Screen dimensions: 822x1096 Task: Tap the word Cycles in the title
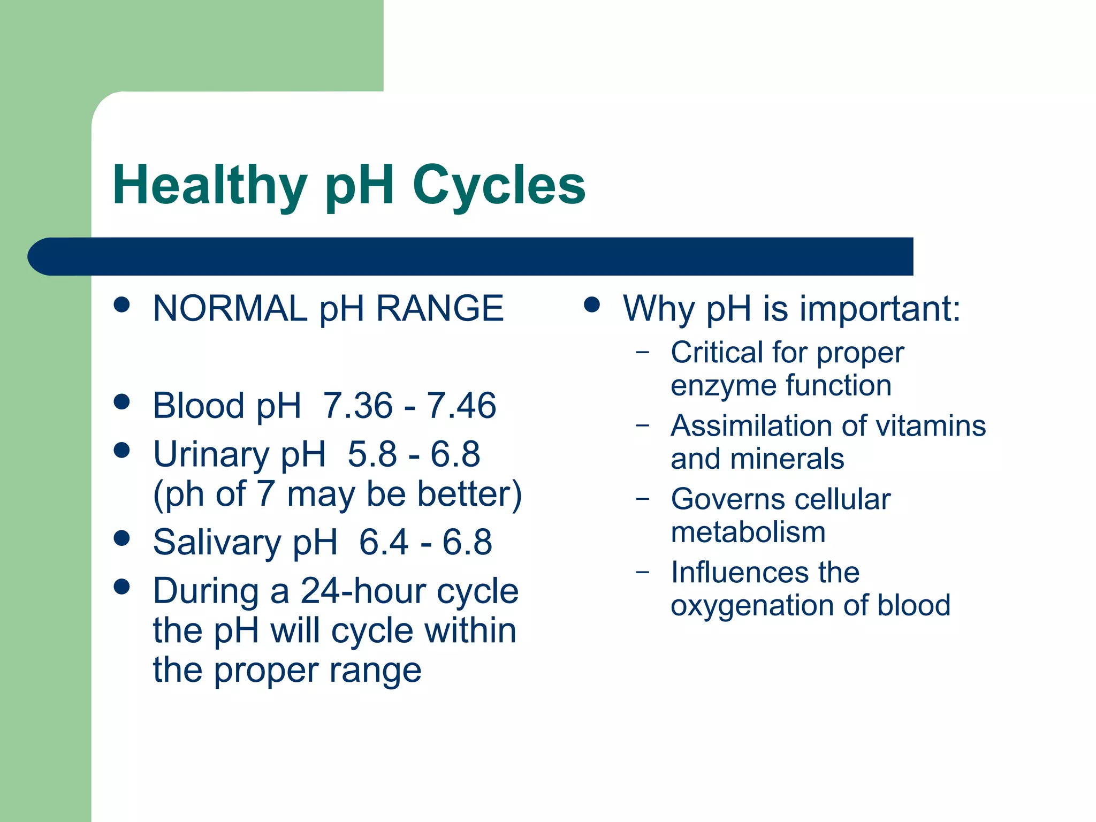(499, 185)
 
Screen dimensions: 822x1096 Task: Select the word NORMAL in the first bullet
(230, 309)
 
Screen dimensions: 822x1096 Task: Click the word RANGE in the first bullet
(440, 309)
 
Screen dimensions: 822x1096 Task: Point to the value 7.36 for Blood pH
(357, 406)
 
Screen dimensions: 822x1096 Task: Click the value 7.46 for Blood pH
(461, 406)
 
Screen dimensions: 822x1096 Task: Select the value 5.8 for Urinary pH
(372, 454)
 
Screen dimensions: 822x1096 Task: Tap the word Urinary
(211, 454)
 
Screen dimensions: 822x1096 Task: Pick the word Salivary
(217, 542)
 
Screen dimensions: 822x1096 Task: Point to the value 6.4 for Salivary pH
(383, 542)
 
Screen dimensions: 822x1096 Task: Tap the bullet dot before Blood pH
(122, 402)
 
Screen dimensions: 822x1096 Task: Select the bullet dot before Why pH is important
(591, 305)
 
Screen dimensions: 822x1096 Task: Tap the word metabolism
(748, 532)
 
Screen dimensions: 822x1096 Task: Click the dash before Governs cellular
(643, 499)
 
